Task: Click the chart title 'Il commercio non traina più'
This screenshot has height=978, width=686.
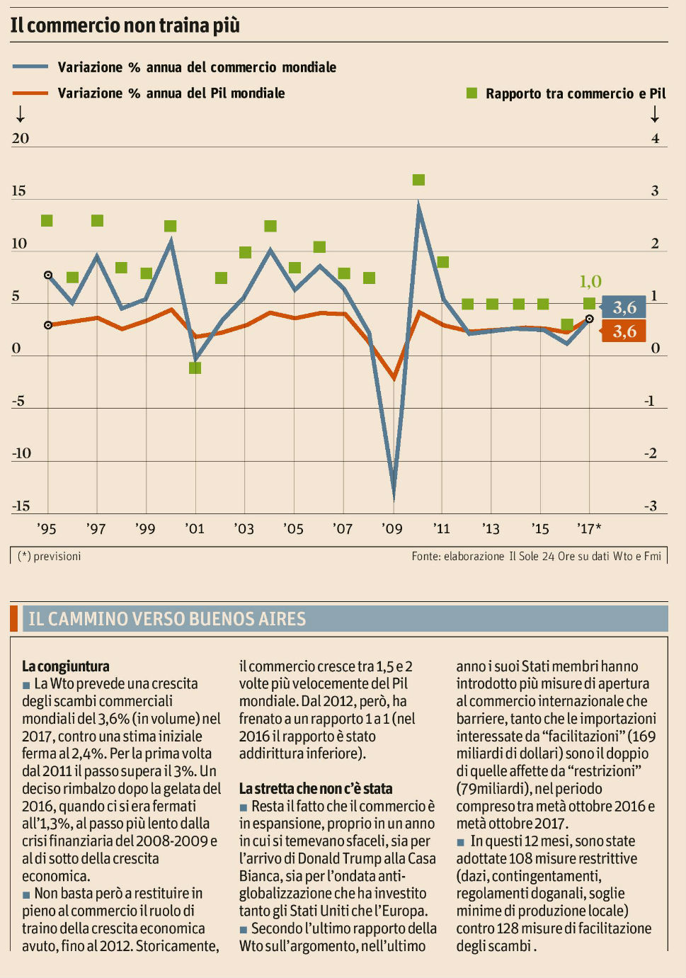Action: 125,25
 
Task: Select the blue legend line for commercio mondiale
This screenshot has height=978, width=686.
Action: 30,67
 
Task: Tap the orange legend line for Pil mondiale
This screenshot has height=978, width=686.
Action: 30,93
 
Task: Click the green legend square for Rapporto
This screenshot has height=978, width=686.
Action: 472,93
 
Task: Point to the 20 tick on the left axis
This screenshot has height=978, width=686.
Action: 21,138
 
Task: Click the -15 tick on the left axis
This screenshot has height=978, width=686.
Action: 21,506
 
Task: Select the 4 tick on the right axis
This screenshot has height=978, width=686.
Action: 655,138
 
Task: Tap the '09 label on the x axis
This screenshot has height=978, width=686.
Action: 391,528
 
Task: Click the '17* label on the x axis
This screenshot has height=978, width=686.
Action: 589,528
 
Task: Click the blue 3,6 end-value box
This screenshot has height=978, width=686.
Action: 624,307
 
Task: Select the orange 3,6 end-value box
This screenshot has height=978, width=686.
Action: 624,331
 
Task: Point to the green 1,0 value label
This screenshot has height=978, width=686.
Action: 590,281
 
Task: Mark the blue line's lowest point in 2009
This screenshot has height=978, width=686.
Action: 394,496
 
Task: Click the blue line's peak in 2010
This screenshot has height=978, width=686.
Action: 419,205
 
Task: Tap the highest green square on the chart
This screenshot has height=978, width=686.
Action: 418,180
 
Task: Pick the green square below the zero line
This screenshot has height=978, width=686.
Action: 195,368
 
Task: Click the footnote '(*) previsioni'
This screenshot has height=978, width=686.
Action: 50,556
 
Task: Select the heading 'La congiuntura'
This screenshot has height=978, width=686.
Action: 66,666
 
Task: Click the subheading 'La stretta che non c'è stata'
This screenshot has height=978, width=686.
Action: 316,789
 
